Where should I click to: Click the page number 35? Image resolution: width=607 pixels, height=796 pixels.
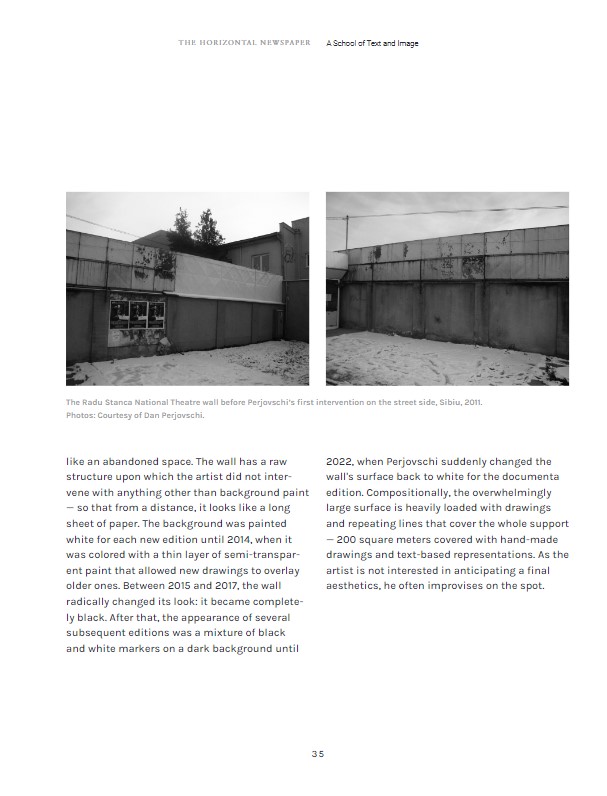coord(317,753)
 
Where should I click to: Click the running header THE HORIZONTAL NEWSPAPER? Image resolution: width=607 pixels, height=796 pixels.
coord(245,44)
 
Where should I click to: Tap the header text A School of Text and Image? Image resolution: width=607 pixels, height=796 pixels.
coord(372,44)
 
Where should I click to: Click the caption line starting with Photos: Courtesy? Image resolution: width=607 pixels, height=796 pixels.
coord(135,415)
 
